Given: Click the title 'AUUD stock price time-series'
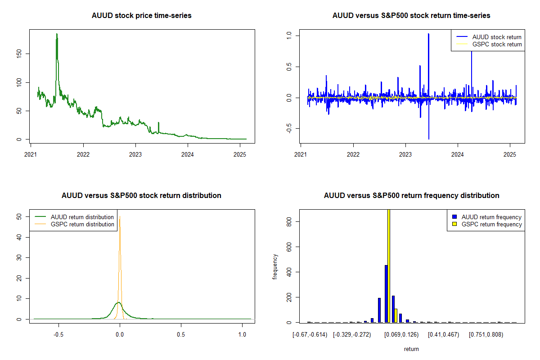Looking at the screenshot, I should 141,16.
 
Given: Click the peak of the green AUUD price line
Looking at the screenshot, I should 57,34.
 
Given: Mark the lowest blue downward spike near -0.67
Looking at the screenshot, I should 429,138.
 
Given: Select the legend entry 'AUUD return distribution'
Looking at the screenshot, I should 82,217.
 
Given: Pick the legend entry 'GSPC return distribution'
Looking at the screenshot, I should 82,224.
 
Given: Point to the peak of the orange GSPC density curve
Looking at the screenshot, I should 120,217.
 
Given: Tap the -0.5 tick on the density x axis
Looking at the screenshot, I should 58,335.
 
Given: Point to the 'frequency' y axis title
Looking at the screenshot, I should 275,266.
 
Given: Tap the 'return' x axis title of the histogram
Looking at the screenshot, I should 411,349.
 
